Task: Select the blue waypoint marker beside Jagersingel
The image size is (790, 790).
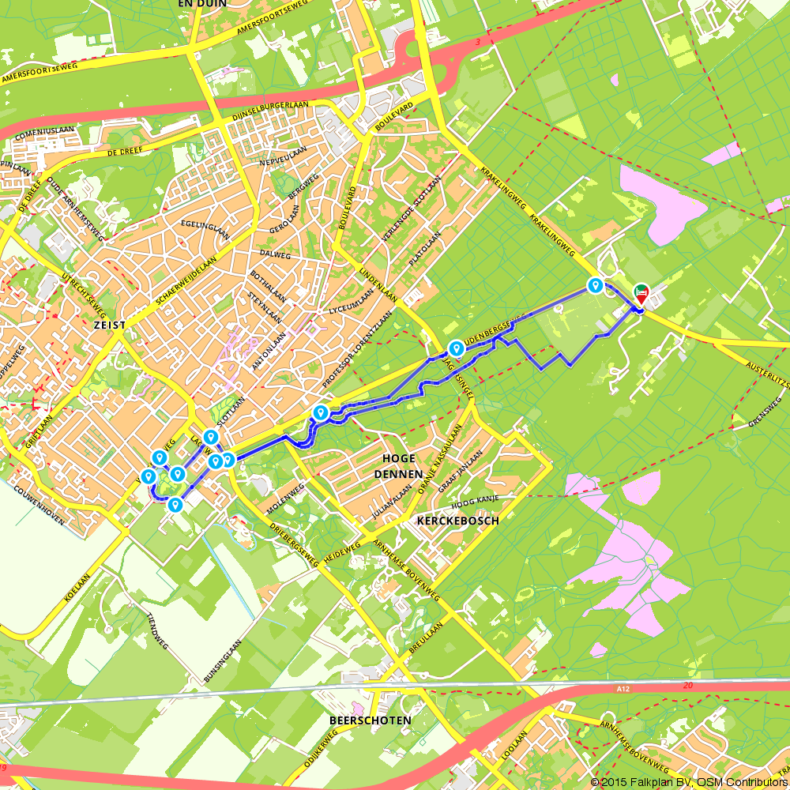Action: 456,348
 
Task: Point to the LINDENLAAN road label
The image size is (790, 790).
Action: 378,283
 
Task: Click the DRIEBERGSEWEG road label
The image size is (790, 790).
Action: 293,545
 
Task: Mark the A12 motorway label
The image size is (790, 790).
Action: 624,690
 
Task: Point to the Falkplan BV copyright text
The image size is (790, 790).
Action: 687,781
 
